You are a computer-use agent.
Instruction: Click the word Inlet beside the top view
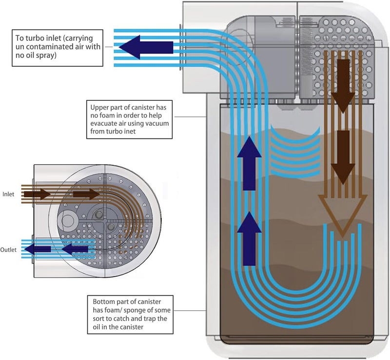pos(8,194)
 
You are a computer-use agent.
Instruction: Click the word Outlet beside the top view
pos(8,250)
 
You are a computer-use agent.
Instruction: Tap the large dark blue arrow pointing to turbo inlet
pos(146,47)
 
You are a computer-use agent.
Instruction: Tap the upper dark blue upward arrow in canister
pos(249,163)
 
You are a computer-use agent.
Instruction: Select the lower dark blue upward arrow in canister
pos(249,239)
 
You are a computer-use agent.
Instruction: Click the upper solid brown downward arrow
pos(343,86)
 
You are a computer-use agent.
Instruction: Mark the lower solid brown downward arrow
pos(343,158)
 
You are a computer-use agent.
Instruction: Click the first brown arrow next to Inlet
pos(38,194)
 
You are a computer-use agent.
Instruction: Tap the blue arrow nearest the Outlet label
pos(38,249)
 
